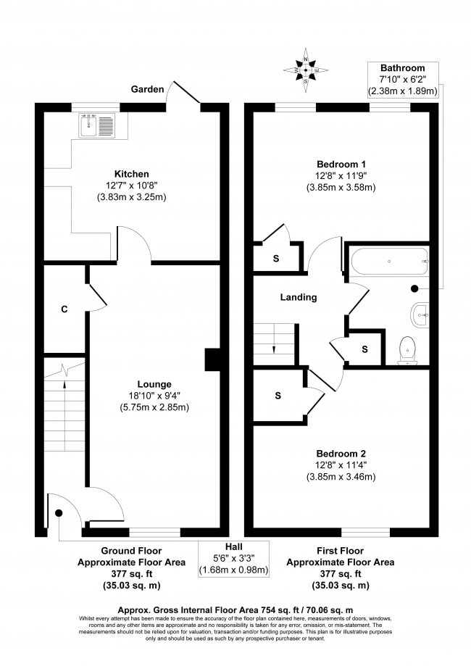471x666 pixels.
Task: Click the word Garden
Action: coord(146,89)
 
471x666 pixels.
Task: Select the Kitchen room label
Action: coord(131,174)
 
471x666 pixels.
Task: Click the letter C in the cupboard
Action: coord(64,309)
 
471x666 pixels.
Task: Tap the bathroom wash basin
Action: coord(421,315)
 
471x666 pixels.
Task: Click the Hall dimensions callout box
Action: coord(233,559)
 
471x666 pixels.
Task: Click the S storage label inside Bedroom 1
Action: coord(275,258)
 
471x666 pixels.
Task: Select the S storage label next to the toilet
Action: coord(364,349)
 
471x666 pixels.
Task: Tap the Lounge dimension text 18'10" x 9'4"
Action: coord(154,396)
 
